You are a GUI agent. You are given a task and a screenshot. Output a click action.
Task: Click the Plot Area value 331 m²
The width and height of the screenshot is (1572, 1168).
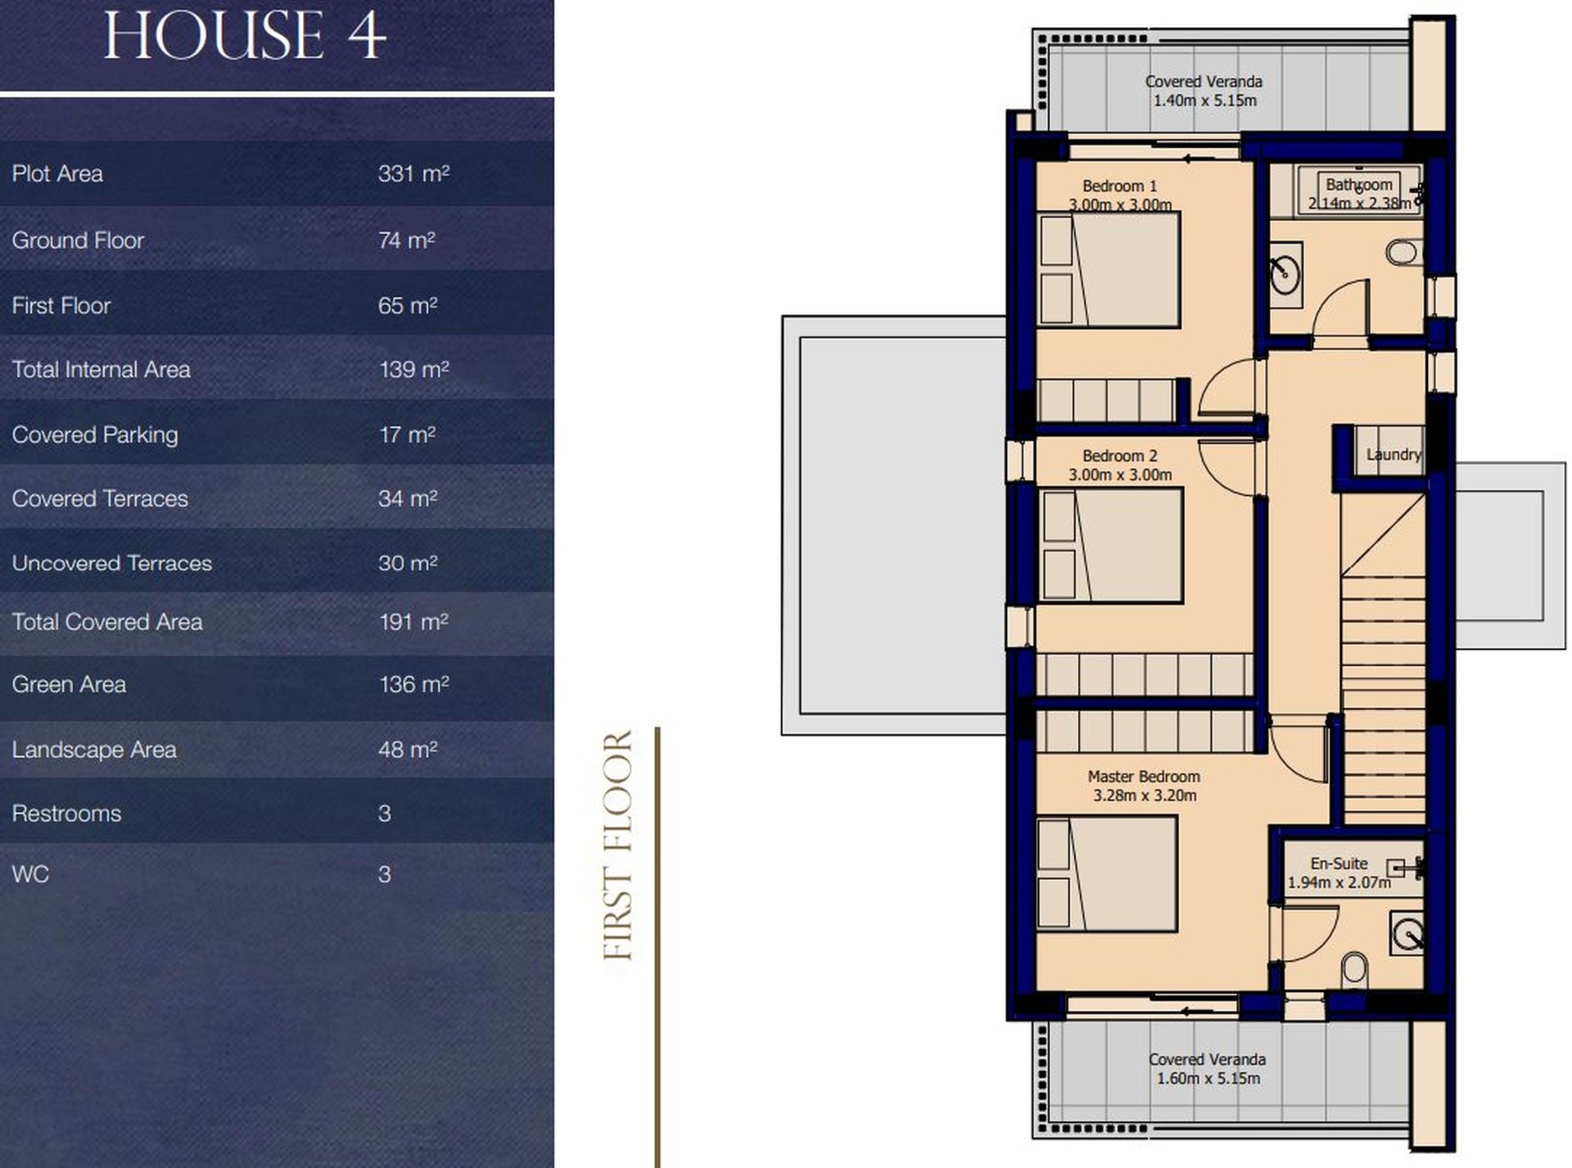click(413, 174)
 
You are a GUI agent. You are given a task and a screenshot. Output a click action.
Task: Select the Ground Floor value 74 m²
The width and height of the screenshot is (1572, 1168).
click(406, 240)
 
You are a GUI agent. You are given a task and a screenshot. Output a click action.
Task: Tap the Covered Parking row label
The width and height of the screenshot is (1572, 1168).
click(95, 435)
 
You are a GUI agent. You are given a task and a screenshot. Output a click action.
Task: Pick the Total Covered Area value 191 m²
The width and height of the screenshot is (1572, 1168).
click(413, 622)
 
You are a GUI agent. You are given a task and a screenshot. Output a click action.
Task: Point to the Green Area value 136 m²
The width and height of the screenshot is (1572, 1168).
click(413, 684)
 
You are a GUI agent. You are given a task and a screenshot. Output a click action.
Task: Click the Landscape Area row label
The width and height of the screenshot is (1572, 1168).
click(94, 750)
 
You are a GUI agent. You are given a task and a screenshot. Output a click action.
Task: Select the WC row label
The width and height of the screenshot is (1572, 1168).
click(30, 874)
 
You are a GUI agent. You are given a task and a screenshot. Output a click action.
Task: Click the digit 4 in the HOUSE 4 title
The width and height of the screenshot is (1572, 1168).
click(364, 35)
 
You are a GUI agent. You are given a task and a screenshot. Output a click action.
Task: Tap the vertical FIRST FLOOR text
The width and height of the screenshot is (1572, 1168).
click(618, 845)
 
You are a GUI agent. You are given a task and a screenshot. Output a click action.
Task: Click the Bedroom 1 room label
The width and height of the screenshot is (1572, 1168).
click(1119, 186)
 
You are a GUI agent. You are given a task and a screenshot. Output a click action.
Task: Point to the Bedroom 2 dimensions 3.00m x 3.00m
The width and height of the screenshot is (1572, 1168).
click(1119, 475)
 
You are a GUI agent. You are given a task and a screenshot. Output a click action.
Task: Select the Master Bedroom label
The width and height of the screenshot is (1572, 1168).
click(1144, 776)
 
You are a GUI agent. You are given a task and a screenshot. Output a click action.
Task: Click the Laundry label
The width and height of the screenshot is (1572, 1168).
click(1394, 454)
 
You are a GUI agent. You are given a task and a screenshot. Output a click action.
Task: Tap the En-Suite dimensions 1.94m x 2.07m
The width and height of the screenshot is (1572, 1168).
click(1339, 882)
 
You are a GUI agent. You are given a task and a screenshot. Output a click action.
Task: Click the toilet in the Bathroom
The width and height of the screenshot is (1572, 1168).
click(1404, 252)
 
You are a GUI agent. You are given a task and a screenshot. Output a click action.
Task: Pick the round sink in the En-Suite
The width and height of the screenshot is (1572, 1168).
click(1408, 934)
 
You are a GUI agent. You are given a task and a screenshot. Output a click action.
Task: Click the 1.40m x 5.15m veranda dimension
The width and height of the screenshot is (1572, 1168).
click(1204, 101)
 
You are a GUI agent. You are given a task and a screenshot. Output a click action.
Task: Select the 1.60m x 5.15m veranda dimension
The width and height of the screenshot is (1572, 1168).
click(1208, 1079)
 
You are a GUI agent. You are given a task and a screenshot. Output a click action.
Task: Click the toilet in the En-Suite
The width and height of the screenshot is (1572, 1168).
click(1355, 970)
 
